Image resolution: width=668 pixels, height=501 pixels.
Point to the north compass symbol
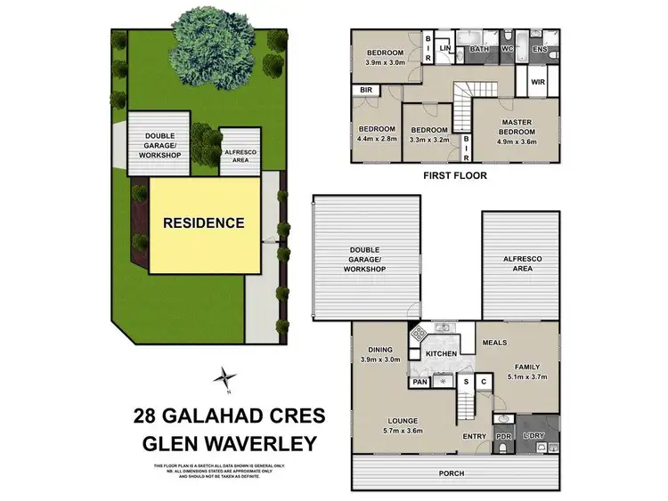click(x=228, y=377)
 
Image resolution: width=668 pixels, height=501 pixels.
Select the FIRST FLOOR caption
click(x=454, y=175)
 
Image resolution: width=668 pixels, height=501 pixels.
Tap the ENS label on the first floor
click(x=539, y=49)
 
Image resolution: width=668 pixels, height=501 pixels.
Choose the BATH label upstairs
click(x=479, y=49)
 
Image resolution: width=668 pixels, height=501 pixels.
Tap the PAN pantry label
click(x=420, y=383)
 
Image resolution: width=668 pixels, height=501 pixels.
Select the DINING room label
click(x=378, y=349)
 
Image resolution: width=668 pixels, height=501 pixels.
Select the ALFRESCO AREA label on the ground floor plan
click(x=520, y=263)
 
